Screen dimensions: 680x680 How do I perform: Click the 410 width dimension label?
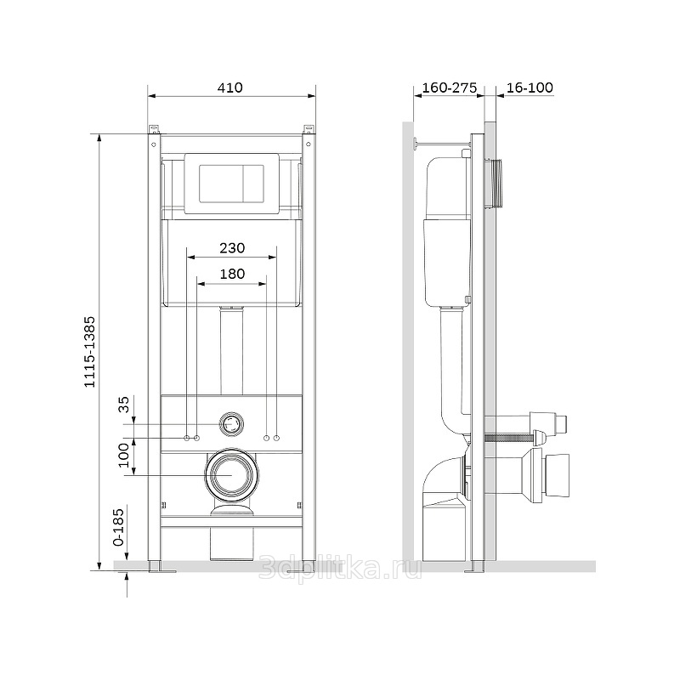pyautogui.click(x=229, y=88)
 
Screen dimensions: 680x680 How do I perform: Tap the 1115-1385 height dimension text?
pyautogui.click(x=89, y=352)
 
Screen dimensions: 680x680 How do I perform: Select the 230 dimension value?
pyautogui.click(x=232, y=248)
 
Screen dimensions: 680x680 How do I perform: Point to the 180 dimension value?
pyautogui.click(x=232, y=274)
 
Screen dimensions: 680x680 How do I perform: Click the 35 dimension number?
pyautogui.click(x=124, y=405)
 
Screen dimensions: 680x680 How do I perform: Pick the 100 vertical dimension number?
pyautogui.click(x=124, y=455)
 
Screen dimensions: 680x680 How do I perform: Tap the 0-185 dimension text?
pyautogui.click(x=118, y=527)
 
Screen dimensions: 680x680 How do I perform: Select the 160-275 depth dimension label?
pyautogui.click(x=450, y=88)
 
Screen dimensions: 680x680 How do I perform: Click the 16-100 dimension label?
pyautogui.click(x=530, y=88)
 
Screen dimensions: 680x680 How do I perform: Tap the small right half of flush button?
pyautogui.click(x=253, y=183)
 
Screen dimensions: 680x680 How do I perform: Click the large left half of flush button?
pyautogui.click(x=221, y=183)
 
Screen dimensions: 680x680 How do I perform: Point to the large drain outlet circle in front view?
pyautogui.click(x=232, y=475)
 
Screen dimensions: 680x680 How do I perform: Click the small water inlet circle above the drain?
pyautogui.click(x=231, y=423)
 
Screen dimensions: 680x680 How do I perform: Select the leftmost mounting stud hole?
pyautogui.click(x=187, y=438)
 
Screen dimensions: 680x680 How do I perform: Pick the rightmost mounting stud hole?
pyautogui.click(x=277, y=438)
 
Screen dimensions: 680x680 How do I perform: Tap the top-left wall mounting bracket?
pyautogui.click(x=155, y=130)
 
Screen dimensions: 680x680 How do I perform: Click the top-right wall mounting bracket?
pyautogui.click(x=309, y=130)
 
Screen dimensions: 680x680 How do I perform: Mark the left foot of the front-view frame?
pyautogui.click(x=156, y=567)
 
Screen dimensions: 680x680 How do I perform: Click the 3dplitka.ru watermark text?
pyautogui.click(x=340, y=568)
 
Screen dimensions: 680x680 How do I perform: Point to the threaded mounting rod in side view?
pyautogui.click(x=509, y=438)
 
